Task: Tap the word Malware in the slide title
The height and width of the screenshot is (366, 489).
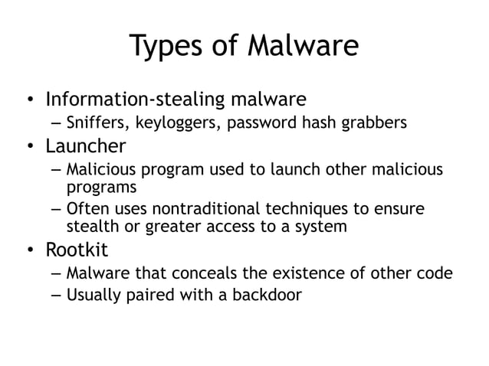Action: click(302, 47)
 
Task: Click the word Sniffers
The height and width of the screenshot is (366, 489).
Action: click(92, 123)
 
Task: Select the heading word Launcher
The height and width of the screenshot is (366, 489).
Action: click(85, 145)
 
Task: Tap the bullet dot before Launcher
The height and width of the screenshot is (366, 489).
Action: click(28, 145)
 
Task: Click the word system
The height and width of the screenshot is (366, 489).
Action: click(323, 227)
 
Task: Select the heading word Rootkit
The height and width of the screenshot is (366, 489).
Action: click(77, 250)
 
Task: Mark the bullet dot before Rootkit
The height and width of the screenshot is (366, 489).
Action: click(28, 251)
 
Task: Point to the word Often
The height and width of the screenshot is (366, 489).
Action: click(86, 210)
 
